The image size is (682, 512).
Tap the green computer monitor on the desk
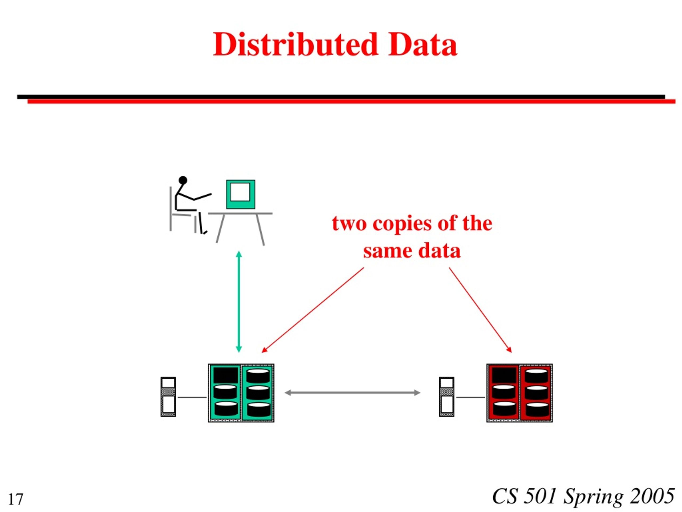241,194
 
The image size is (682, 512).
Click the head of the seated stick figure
183,180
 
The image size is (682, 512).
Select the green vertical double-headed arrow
239,302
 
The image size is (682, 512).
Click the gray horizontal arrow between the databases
352,393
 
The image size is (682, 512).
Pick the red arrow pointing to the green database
313,310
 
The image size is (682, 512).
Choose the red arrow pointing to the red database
480,310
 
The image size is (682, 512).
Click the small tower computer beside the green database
168,397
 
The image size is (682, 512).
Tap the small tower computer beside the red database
446,397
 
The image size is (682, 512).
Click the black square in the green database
226,375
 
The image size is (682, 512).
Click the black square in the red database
504,375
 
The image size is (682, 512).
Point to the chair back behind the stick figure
170,209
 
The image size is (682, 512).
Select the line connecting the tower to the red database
471,398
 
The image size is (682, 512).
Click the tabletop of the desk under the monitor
240,213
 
